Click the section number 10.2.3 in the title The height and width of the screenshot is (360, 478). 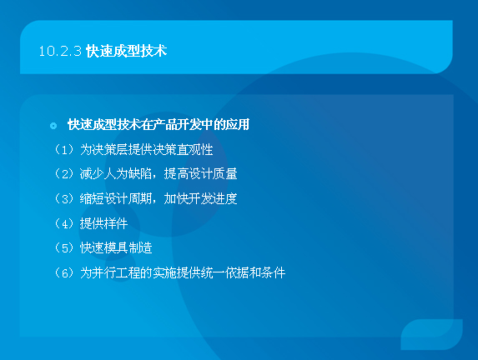click(60, 51)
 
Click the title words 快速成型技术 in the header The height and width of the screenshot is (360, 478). click(126, 51)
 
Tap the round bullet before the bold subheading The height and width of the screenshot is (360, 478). click(53, 126)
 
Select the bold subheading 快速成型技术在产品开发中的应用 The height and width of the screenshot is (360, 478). click(158, 124)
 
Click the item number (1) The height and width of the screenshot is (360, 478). click(65, 149)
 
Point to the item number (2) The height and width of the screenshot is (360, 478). click(65, 174)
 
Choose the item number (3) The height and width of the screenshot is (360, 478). click(65, 198)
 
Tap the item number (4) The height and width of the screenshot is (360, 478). click(65, 223)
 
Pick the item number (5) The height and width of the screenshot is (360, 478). click(65, 247)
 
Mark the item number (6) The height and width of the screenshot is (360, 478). click(65, 272)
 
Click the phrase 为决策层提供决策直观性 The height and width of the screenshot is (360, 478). click(146, 149)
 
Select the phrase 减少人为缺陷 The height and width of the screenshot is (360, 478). click(116, 174)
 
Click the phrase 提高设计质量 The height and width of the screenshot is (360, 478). click(200, 174)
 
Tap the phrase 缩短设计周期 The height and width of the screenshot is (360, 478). click(116, 198)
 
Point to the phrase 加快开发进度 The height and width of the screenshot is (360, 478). click(200, 198)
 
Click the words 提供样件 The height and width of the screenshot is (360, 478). click(104, 223)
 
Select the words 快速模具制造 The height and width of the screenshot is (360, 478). click(116, 247)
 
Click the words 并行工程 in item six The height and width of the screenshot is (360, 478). click(116, 272)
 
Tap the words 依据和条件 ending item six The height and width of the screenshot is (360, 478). click(255, 272)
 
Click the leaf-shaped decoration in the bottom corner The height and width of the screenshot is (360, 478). click(431, 334)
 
